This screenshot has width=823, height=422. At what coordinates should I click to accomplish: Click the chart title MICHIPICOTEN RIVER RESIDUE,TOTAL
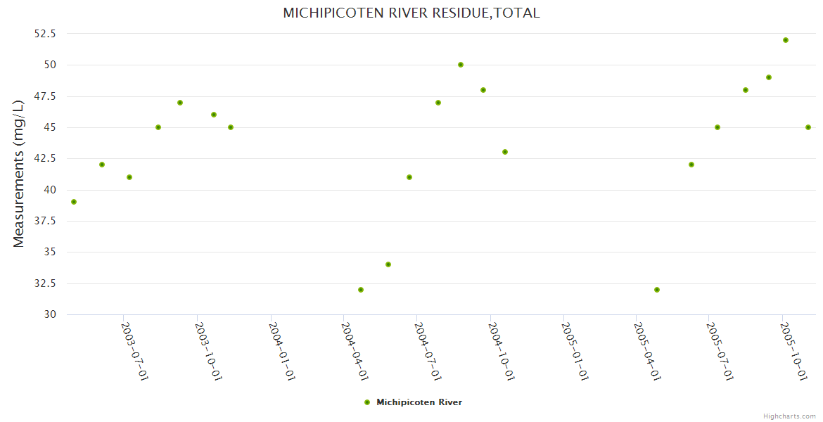(411, 13)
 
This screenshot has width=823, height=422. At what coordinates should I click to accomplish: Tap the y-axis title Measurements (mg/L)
(19, 173)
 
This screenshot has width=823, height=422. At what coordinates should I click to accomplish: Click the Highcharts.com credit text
(789, 416)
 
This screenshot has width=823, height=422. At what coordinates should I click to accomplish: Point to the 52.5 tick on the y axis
(45, 34)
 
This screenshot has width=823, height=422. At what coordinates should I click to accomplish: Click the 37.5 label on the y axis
(45, 221)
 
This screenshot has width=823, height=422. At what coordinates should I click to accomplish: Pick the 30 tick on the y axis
(49, 314)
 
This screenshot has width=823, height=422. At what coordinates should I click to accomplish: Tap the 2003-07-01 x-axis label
(135, 352)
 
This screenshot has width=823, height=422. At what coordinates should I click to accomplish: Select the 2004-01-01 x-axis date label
(281, 352)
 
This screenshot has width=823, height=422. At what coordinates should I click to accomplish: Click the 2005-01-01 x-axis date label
(575, 352)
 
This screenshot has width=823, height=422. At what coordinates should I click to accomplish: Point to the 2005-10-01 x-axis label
(794, 352)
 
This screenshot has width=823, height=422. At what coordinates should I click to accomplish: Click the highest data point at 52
(786, 40)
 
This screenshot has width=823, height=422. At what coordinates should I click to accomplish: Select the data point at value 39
(74, 202)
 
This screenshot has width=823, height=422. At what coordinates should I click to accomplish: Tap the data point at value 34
(388, 264)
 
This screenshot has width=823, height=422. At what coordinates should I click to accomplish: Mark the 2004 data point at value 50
(461, 65)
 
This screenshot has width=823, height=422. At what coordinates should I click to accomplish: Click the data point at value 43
(505, 152)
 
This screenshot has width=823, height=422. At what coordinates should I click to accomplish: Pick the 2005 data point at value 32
(657, 290)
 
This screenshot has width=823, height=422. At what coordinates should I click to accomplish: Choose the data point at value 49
(769, 77)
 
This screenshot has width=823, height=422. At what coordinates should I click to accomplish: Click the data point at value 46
(214, 115)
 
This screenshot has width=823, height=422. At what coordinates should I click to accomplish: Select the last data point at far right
(808, 127)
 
